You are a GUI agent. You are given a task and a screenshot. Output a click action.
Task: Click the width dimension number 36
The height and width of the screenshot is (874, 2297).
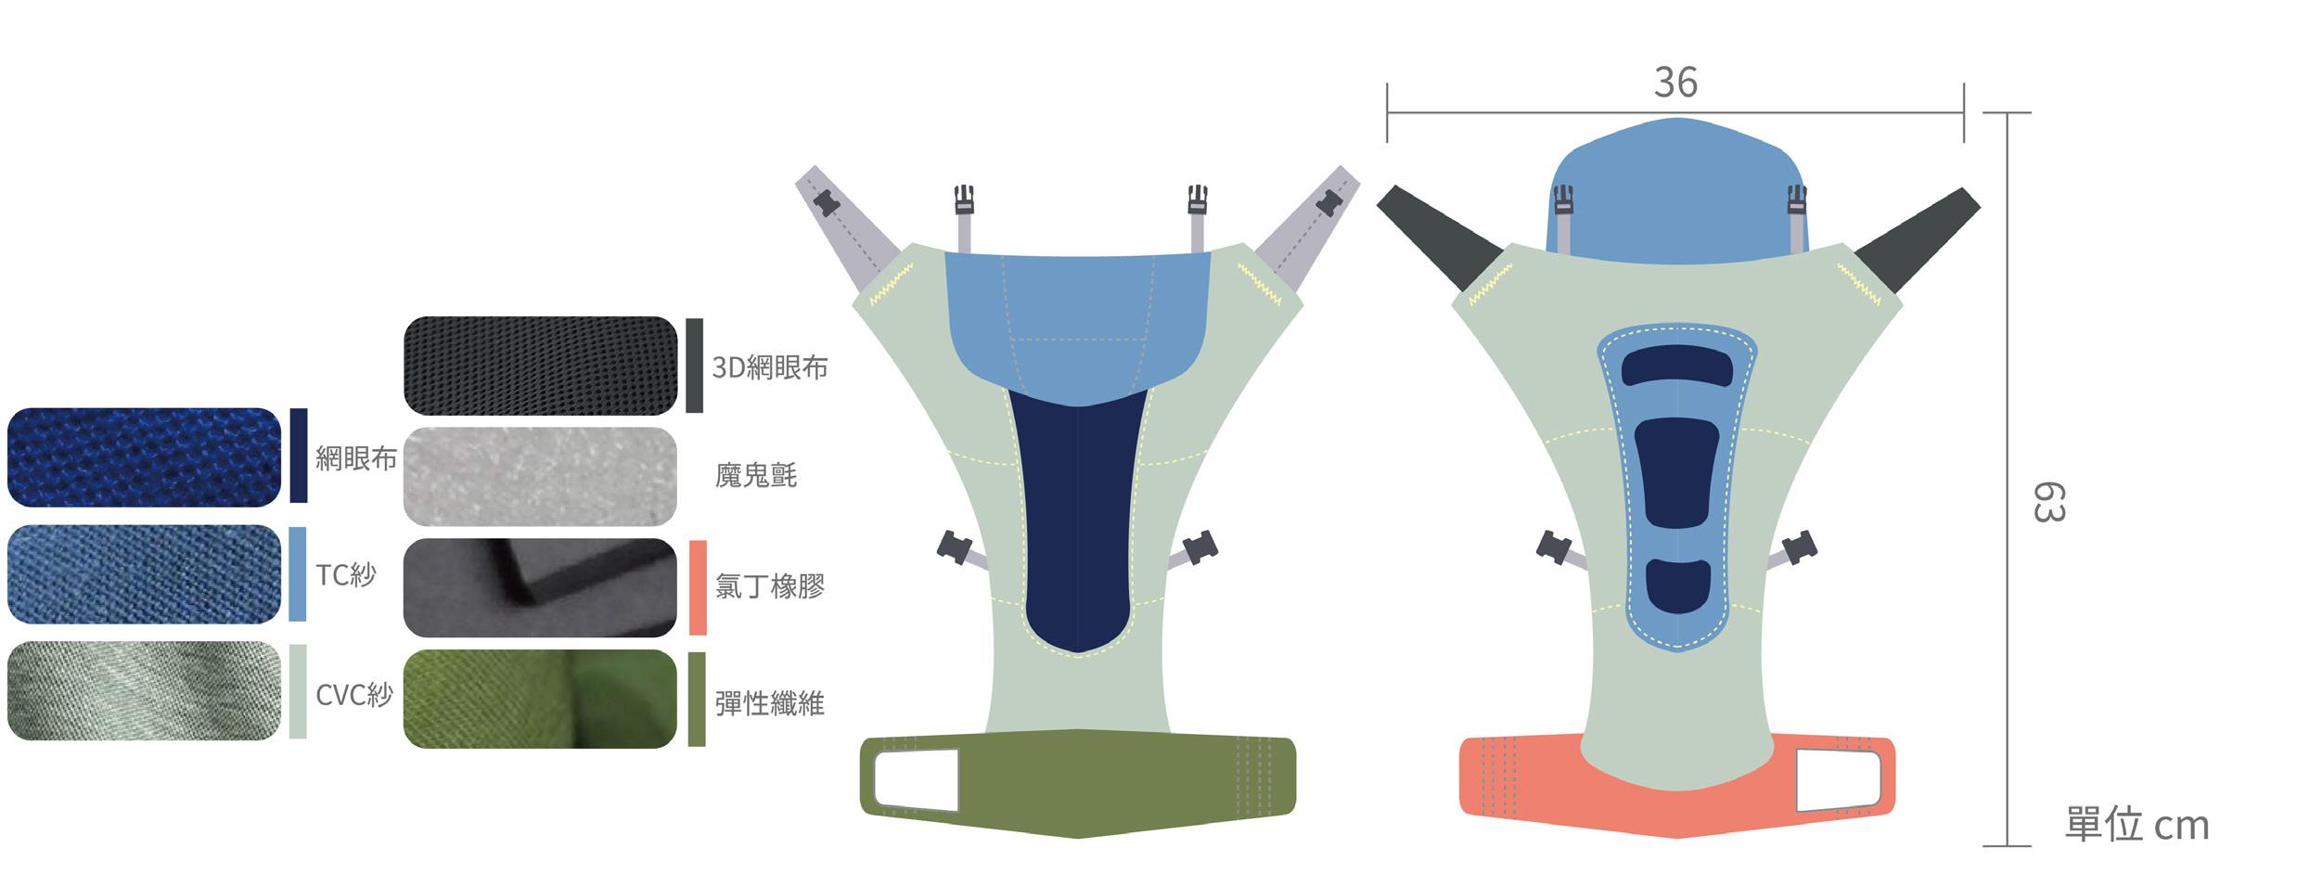tap(1675, 83)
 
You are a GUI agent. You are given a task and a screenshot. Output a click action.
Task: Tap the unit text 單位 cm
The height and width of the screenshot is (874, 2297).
tap(2136, 825)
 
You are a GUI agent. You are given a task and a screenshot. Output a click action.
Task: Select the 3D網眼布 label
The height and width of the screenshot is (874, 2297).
tap(769, 367)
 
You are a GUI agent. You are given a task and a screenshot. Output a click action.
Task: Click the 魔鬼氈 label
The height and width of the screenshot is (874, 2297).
tap(755, 476)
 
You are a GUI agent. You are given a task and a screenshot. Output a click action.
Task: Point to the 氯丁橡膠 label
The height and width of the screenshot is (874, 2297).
tap(769, 586)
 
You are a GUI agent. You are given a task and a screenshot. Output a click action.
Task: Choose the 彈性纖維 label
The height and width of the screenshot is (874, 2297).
tap(769, 703)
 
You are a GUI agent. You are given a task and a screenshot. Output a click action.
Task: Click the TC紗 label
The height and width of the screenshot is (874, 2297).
tap(345, 575)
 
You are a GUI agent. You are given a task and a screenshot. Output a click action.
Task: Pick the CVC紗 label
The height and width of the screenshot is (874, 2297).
tap(353, 694)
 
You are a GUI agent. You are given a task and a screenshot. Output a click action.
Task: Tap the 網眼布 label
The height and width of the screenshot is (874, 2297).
tap(355, 457)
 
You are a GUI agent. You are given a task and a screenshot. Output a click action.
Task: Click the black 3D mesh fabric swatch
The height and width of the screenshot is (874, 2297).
tap(540, 366)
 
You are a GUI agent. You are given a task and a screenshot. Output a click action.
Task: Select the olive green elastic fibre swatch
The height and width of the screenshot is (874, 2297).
tap(540, 699)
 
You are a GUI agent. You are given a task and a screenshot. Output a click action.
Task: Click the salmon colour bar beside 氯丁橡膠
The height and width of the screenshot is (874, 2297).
tap(698, 587)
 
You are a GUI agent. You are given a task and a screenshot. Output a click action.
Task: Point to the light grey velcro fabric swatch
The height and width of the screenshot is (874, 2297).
tap(540, 476)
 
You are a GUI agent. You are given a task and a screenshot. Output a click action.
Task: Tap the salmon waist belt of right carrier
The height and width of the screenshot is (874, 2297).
tap(1577, 798)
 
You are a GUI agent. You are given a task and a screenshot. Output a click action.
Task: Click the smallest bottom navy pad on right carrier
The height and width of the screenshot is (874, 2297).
tap(1678, 585)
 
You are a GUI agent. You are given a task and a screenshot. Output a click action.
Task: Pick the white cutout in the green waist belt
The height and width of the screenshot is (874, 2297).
tap(915, 778)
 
